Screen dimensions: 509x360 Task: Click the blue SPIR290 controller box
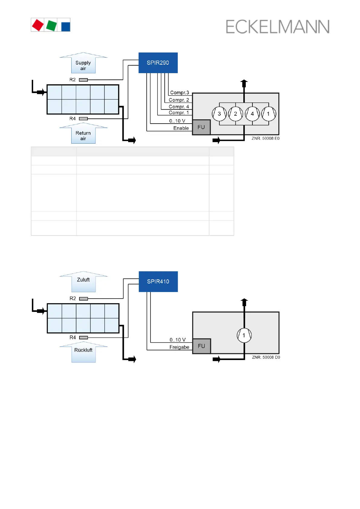click(158, 63)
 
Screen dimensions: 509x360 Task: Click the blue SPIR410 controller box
click(158, 281)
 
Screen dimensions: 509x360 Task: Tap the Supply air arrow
click(83, 64)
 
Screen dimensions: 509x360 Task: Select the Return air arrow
click(83, 134)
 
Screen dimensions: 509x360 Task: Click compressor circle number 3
click(219, 114)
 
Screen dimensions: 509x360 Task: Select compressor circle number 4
click(252, 114)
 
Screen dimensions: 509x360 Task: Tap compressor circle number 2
click(235, 114)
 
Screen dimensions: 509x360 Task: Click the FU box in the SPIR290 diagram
click(201, 127)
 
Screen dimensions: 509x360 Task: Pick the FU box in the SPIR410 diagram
click(202, 346)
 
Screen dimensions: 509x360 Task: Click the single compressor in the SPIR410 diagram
click(244, 335)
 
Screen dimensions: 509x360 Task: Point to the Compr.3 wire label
click(180, 92)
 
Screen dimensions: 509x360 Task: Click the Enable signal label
click(181, 128)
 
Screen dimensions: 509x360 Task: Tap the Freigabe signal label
click(179, 347)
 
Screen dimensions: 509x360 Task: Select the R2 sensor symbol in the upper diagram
click(83, 80)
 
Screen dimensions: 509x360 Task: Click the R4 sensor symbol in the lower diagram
click(84, 337)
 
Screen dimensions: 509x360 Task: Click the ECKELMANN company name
click(277, 27)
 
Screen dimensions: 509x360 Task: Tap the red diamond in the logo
click(38, 25)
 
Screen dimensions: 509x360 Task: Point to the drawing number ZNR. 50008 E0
click(265, 138)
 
